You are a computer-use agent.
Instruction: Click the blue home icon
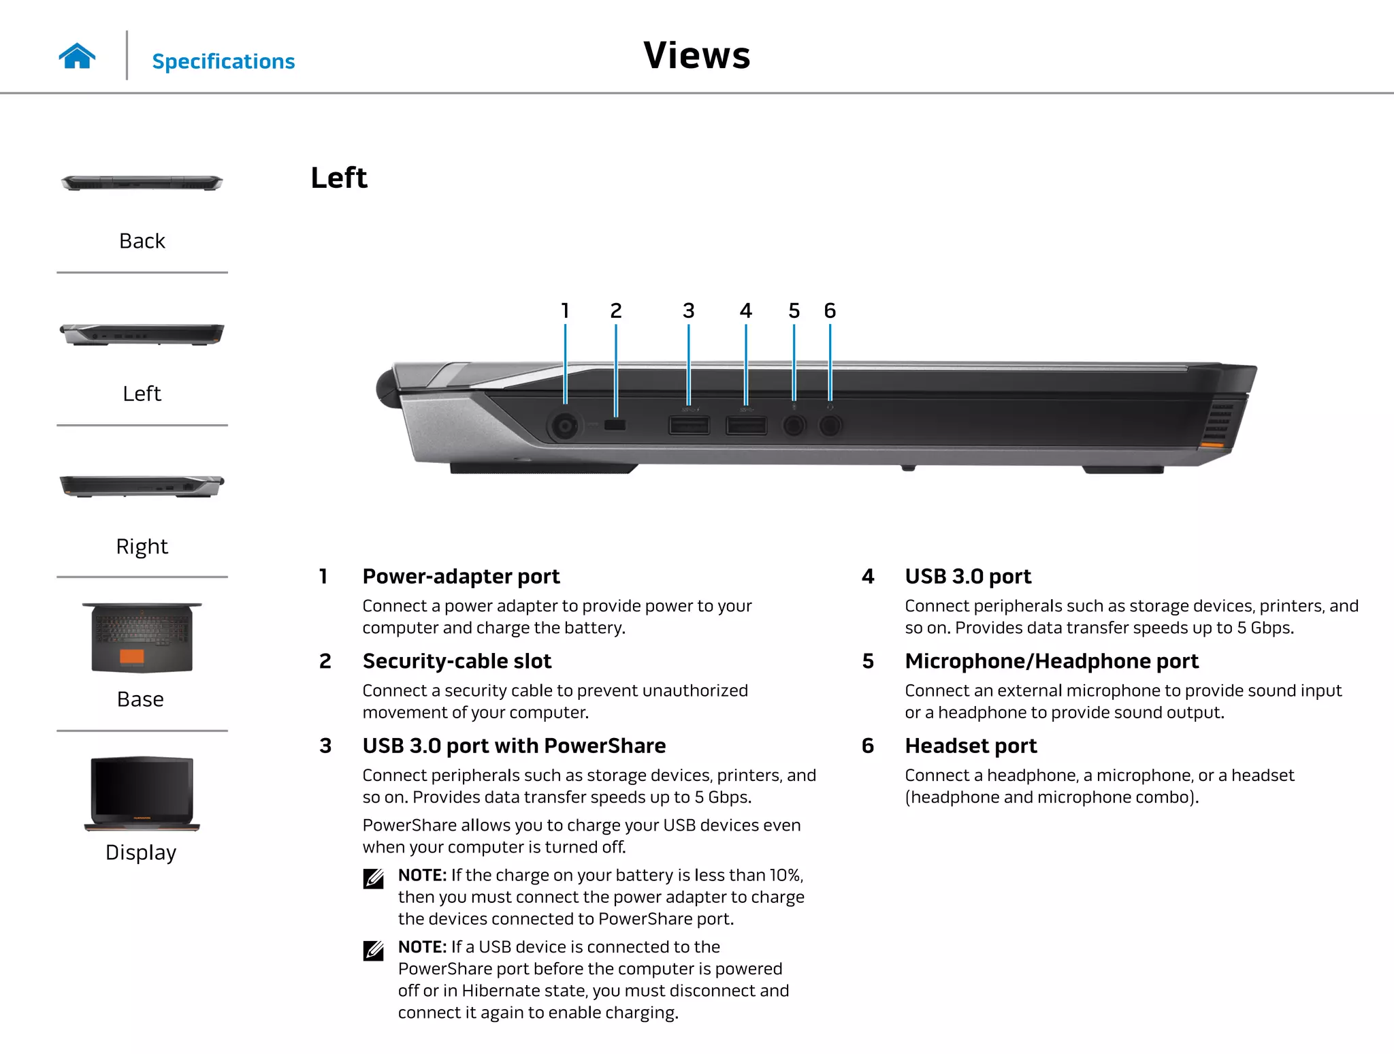pyautogui.click(x=77, y=56)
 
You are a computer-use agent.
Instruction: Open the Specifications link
pyautogui.click(x=223, y=61)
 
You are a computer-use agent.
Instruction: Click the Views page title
pyautogui.click(x=696, y=55)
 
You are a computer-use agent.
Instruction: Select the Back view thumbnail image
pyautogui.click(x=142, y=182)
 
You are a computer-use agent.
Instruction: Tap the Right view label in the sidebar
pyautogui.click(x=142, y=546)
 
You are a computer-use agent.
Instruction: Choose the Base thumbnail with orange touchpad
pyautogui.click(x=142, y=638)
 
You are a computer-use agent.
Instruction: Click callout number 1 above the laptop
pyautogui.click(x=565, y=311)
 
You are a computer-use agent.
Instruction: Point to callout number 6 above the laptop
pyautogui.click(x=830, y=311)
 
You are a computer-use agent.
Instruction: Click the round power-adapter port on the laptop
pyautogui.click(x=564, y=427)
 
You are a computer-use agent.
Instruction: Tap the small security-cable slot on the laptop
pyautogui.click(x=615, y=426)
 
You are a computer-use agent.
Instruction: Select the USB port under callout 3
pyautogui.click(x=689, y=426)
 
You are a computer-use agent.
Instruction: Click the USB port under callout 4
pyautogui.click(x=746, y=426)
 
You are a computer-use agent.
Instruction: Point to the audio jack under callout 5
pyautogui.click(x=793, y=426)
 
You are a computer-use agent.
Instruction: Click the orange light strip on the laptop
pyautogui.click(x=1212, y=445)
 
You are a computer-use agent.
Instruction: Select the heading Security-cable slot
pyautogui.click(x=457, y=661)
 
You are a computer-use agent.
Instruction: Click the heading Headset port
pyautogui.click(x=971, y=746)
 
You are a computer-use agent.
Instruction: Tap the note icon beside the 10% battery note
pyautogui.click(x=374, y=878)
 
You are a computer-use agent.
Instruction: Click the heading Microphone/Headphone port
pyautogui.click(x=1052, y=661)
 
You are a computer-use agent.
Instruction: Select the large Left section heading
pyautogui.click(x=339, y=178)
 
